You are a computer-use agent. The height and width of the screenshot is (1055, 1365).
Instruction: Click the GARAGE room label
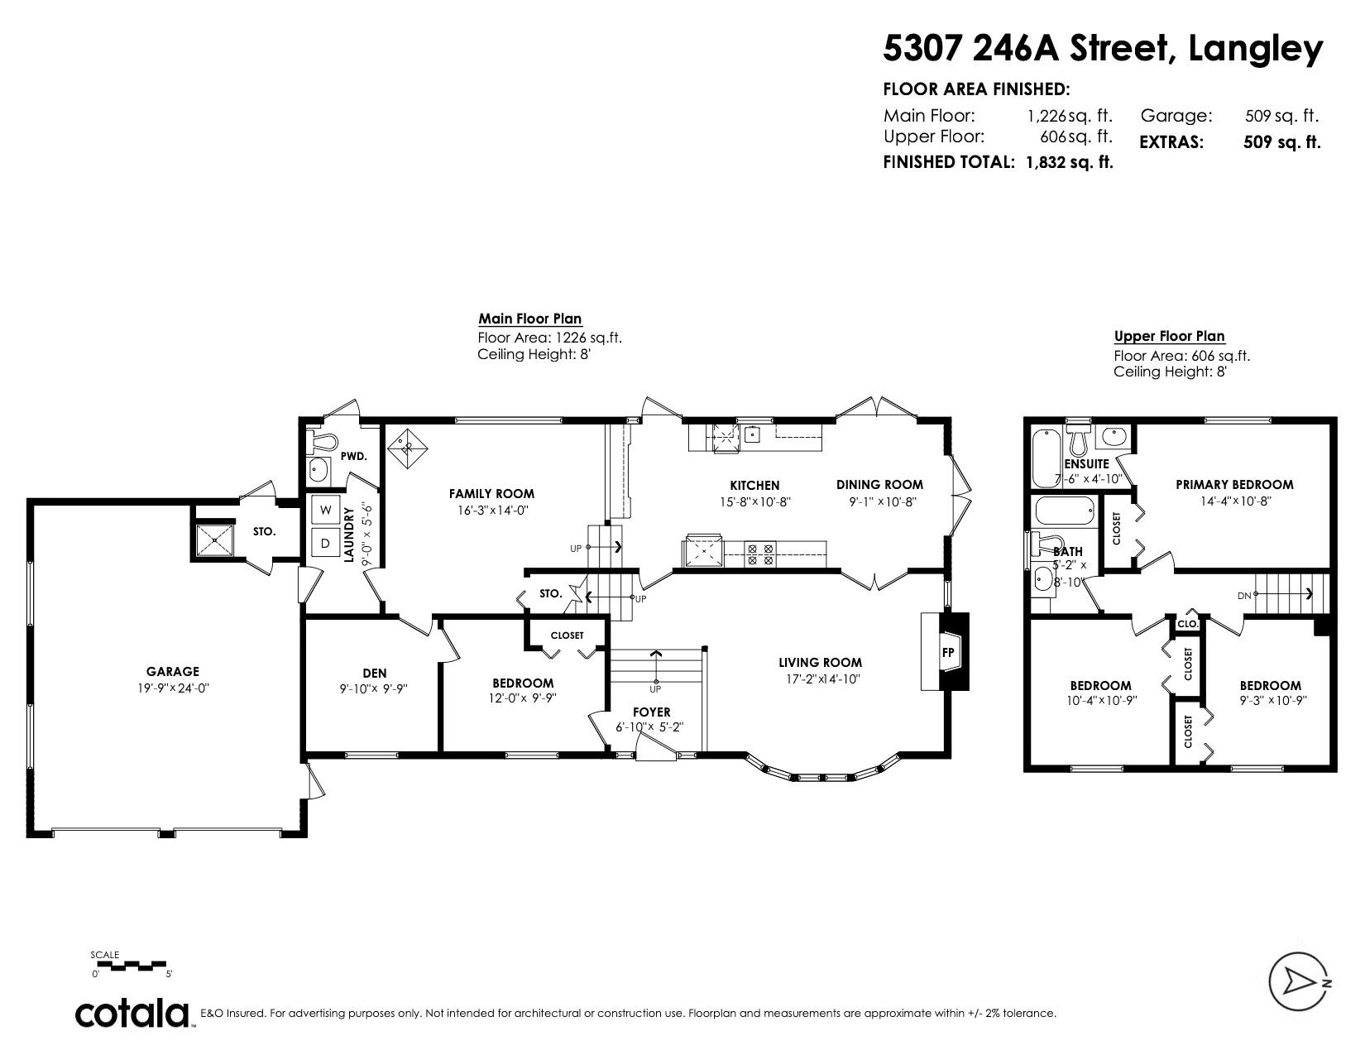coord(172,671)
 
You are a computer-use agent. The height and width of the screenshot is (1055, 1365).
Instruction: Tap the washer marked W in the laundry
coord(325,510)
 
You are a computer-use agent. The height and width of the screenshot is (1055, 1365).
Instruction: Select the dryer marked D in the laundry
coord(325,543)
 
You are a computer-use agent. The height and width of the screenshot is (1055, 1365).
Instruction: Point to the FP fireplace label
coord(948,652)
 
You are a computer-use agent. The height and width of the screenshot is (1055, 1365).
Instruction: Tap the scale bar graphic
coord(132,965)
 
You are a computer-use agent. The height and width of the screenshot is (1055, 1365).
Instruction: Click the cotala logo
coord(132,1013)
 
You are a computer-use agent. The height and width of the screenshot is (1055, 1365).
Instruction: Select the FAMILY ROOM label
coord(491,494)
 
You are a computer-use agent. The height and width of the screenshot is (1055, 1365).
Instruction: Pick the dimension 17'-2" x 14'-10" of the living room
coord(823,679)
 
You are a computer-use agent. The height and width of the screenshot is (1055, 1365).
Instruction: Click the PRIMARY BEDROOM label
coord(1234,484)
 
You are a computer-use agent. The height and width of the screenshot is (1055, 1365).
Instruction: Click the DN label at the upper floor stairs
coord(1243,596)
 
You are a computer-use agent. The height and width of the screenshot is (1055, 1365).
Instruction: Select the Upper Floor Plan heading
coord(1169,336)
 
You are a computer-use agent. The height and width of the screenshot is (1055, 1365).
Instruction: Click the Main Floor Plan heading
coord(529,319)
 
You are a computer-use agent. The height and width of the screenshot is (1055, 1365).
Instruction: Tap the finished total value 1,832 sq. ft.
coord(1069,162)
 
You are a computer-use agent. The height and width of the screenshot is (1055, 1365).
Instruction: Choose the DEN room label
coord(375,673)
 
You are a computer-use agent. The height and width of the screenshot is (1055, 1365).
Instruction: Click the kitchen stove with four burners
coord(760,554)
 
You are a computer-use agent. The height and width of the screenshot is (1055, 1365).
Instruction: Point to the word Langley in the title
coord(1255,49)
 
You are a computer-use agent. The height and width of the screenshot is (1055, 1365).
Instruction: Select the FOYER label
coord(651,712)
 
